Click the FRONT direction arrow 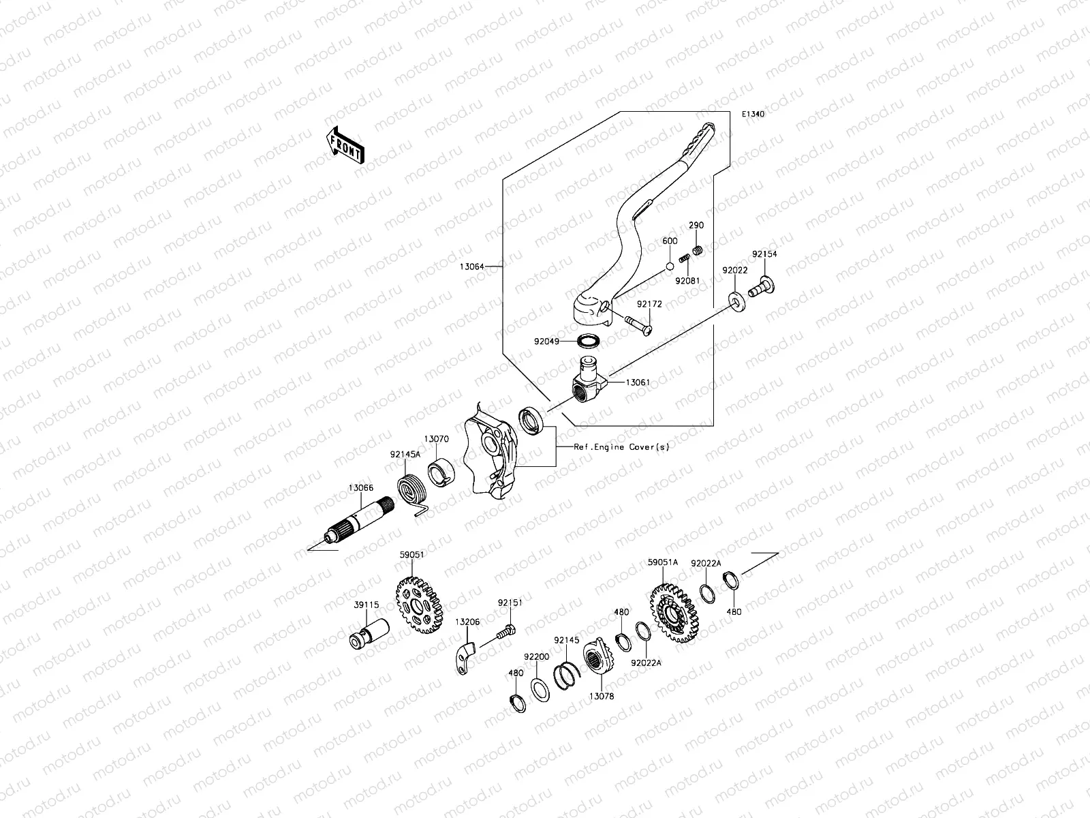pos(345,145)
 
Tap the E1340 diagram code pos(753,115)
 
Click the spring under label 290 pos(698,253)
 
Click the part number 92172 pos(649,304)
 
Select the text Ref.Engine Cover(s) pos(621,447)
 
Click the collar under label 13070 pos(441,472)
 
